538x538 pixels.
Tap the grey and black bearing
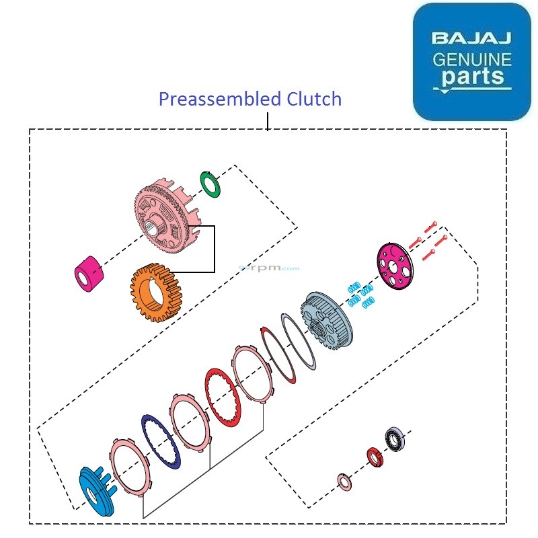(394, 438)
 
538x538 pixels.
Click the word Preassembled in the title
(211, 100)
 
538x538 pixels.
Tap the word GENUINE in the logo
(471, 59)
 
